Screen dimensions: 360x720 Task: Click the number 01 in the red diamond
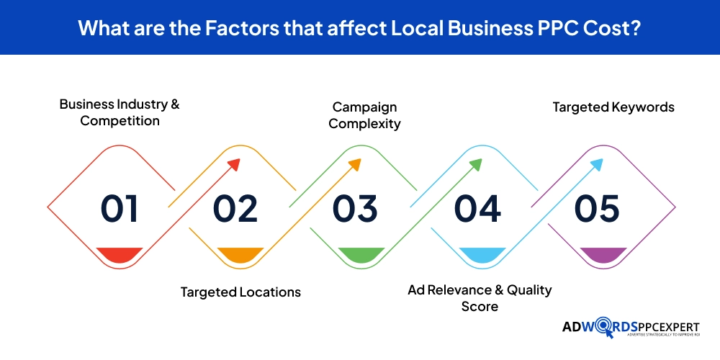119,208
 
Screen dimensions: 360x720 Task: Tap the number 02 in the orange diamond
235,208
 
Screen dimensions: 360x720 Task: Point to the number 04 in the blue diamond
477,208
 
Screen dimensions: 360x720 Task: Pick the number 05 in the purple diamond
597,208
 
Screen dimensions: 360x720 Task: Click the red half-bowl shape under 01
120,254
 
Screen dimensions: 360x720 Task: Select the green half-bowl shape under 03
360,254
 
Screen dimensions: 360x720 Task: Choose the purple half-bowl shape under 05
600,254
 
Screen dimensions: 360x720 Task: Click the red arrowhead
233,164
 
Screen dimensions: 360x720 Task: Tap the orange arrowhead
354,164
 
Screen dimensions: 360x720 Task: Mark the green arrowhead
475,164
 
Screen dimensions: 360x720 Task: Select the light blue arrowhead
596,164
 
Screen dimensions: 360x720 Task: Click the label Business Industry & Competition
120,112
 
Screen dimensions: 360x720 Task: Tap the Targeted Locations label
240,292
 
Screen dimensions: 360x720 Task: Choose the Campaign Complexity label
364,115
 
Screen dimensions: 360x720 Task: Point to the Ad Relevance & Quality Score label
480,298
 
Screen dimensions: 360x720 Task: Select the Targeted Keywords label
613,107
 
